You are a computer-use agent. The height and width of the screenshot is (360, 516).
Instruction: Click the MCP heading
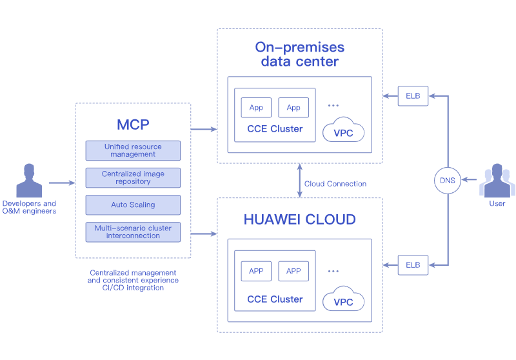133,124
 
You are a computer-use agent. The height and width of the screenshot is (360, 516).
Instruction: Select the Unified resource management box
133,150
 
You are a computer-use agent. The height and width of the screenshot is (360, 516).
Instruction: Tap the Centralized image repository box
133,177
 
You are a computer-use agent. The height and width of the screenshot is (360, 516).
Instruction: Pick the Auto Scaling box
133,205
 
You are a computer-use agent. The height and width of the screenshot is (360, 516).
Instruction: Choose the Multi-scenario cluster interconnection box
133,232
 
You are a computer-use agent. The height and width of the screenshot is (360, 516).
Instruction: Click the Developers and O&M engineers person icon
28,181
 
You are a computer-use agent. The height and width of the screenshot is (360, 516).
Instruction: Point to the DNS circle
447,181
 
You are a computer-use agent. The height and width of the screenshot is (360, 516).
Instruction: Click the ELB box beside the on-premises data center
412,96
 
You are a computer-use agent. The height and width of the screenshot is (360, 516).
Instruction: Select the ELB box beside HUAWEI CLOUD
412,265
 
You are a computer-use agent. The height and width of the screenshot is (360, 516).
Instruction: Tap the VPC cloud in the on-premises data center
343,130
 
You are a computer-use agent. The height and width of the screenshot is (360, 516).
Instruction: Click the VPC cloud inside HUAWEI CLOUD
343,299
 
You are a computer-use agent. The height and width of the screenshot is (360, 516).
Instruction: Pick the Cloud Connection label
335,184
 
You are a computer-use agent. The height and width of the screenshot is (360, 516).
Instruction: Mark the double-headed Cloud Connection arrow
300,181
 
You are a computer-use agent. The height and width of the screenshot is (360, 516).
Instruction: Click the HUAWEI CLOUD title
299,219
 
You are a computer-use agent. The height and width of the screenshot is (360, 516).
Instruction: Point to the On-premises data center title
299,54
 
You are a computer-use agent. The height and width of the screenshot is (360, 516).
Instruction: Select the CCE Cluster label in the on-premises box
275,129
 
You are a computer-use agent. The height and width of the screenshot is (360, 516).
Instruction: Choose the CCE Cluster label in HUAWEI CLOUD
275,299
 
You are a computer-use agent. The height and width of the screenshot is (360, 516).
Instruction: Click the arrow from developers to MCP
61,183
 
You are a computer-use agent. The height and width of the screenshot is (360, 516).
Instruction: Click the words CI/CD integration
133,288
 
